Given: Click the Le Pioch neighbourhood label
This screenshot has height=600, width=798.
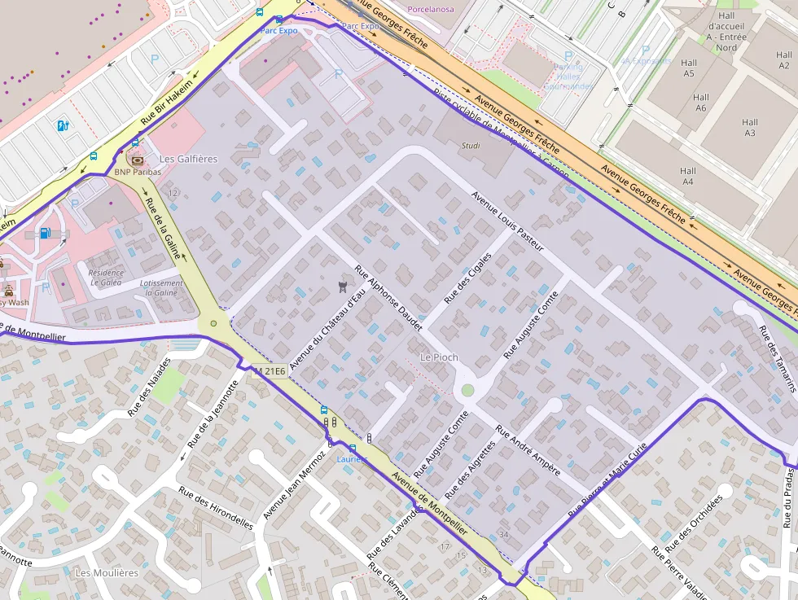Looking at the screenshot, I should click(438, 357).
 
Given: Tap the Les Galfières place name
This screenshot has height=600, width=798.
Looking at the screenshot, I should click(189, 159).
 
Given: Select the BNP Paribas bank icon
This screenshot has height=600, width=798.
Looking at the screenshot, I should click(136, 160).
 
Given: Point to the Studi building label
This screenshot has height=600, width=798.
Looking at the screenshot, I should click(471, 147).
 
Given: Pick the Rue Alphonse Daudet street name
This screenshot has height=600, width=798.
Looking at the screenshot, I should click(388, 298).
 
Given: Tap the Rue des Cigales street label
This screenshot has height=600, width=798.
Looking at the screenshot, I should click(468, 278).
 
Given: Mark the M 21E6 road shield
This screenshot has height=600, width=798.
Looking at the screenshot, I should click(270, 371).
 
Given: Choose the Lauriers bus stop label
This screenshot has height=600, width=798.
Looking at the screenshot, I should click(352, 459).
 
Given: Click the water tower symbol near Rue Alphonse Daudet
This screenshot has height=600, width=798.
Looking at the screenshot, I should click(342, 286).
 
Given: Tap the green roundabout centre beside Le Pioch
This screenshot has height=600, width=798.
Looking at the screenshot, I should click(467, 391).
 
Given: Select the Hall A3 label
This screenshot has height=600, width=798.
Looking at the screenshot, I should click(749, 128).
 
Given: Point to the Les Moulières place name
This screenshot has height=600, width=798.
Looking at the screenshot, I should click(107, 572).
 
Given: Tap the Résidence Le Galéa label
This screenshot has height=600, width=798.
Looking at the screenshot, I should click(106, 278).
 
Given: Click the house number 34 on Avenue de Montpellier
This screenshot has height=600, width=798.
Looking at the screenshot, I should click(503, 535).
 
